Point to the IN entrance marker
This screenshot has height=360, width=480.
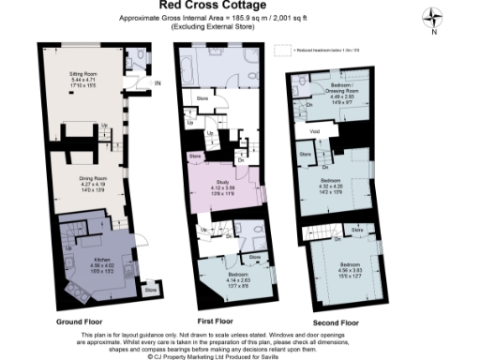pos(158,83)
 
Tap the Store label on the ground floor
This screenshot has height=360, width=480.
pos(150,291)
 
